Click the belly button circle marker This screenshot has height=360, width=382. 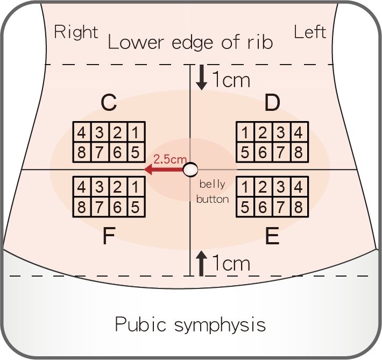tap(190, 170)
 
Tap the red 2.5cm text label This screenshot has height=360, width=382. tap(170, 159)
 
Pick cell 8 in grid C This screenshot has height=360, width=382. tap(82, 152)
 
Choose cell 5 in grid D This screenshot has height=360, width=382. tap(245, 152)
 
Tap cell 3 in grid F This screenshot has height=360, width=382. tap(100, 187)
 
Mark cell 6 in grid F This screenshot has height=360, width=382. tap(118, 206)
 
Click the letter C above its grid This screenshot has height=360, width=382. tap(109, 103)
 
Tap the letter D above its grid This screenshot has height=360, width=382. tap(272, 103)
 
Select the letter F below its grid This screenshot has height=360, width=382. tap(109, 237)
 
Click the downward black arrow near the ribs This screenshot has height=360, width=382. tap(202, 79)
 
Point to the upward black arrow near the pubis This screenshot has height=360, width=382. tap(202, 263)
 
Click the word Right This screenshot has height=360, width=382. tap(76, 32)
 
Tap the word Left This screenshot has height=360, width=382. tap(310, 32)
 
